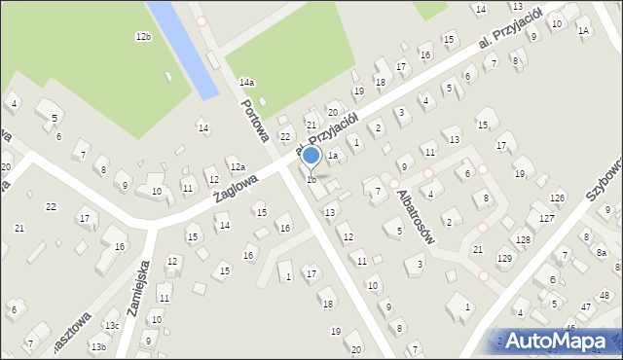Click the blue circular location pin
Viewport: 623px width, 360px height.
click(x=311, y=156)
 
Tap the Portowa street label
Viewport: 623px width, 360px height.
click(x=255, y=119)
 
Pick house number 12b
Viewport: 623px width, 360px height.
click(x=143, y=37)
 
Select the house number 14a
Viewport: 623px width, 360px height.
click(x=247, y=83)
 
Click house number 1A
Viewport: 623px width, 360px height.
click(x=583, y=31)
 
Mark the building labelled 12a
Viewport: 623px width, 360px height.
click(x=237, y=167)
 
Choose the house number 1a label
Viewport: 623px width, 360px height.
click(x=332, y=156)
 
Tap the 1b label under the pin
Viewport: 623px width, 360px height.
click(x=311, y=179)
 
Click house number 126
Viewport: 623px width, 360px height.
click(x=557, y=198)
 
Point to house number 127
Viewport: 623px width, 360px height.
click(x=547, y=219)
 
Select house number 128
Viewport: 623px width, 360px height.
click(x=524, y=239)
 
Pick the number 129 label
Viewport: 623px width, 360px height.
click(x=504, y=258)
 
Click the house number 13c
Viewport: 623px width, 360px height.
click(x=112, y=326)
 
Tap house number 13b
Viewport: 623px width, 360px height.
click(x=98, y=346)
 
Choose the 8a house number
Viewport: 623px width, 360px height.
click(x=602, y=253)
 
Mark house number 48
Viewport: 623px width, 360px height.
click(x=605, y=295)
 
